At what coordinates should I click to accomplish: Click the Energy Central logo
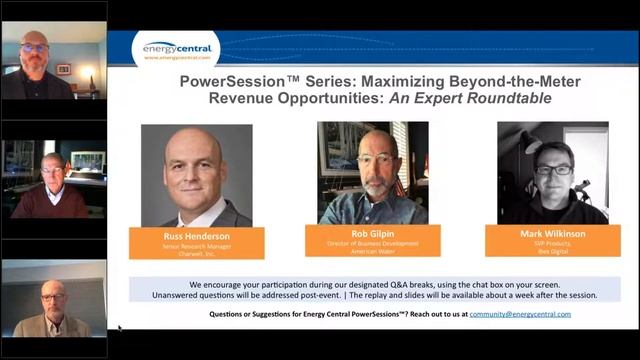pos(177,47)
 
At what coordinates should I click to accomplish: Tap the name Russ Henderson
pos(196,235)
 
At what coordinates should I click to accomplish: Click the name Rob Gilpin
pos(373,233)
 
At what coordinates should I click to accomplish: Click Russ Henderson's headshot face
pos(195,166)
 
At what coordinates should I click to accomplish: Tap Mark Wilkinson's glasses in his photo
pos(553,169)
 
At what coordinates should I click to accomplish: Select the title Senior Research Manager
pos(196,246)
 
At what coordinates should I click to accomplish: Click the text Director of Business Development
pos(373,244)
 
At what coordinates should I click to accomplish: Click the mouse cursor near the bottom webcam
pos(119,327)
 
